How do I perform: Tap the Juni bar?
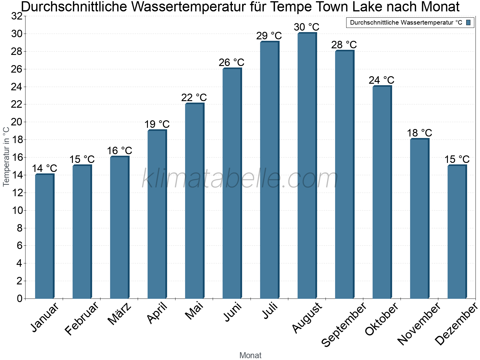point(232,183)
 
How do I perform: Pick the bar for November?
point(419,219)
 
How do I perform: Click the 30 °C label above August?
point(307,27)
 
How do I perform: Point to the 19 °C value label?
point(157,124)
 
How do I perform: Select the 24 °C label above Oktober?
point(382,80)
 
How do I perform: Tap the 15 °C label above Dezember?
point(457,159)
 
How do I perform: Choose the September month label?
point(344,324)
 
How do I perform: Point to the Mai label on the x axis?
point(194,311)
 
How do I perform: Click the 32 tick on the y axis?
point(17,16)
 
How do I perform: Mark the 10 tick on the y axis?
point(17,210)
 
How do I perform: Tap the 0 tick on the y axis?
point(19,298)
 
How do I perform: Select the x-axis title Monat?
point(250,355)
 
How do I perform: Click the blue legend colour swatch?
point(468,22)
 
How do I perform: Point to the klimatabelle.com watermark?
point(240,179)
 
